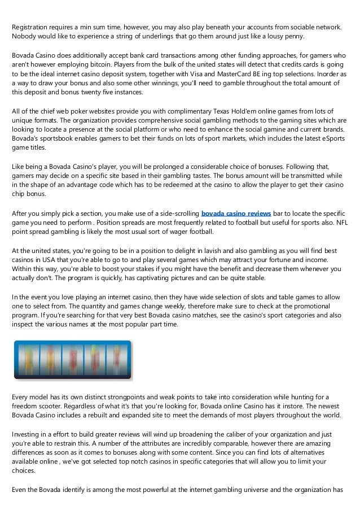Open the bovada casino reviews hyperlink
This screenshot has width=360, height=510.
coord(236,213)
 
